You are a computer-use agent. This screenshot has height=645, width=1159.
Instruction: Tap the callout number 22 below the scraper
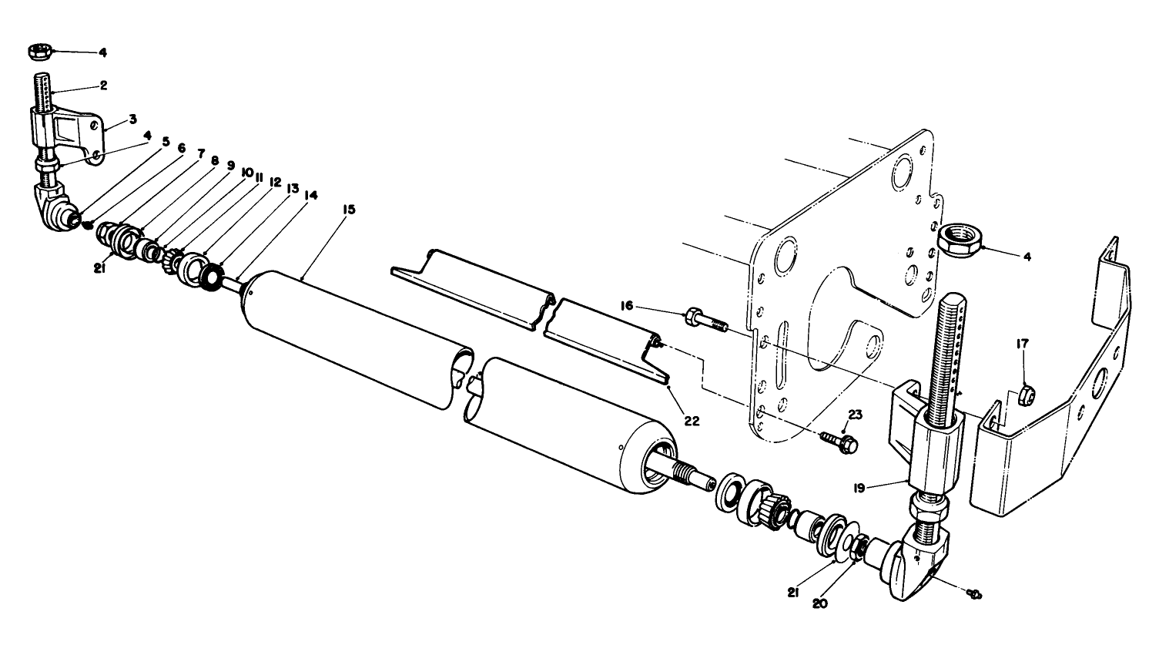click(x=691, y=421)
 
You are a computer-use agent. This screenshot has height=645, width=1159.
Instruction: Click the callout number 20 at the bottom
click(x=820, y=604)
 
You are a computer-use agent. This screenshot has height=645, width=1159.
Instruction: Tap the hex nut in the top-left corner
click(x=38, y=52)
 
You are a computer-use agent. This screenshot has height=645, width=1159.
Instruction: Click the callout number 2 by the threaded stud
click(x=102, y=85)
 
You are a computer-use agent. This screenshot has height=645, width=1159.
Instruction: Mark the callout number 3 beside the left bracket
click(x=132, y=119)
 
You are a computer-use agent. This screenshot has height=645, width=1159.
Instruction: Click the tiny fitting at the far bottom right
click(x=976, y=594)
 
